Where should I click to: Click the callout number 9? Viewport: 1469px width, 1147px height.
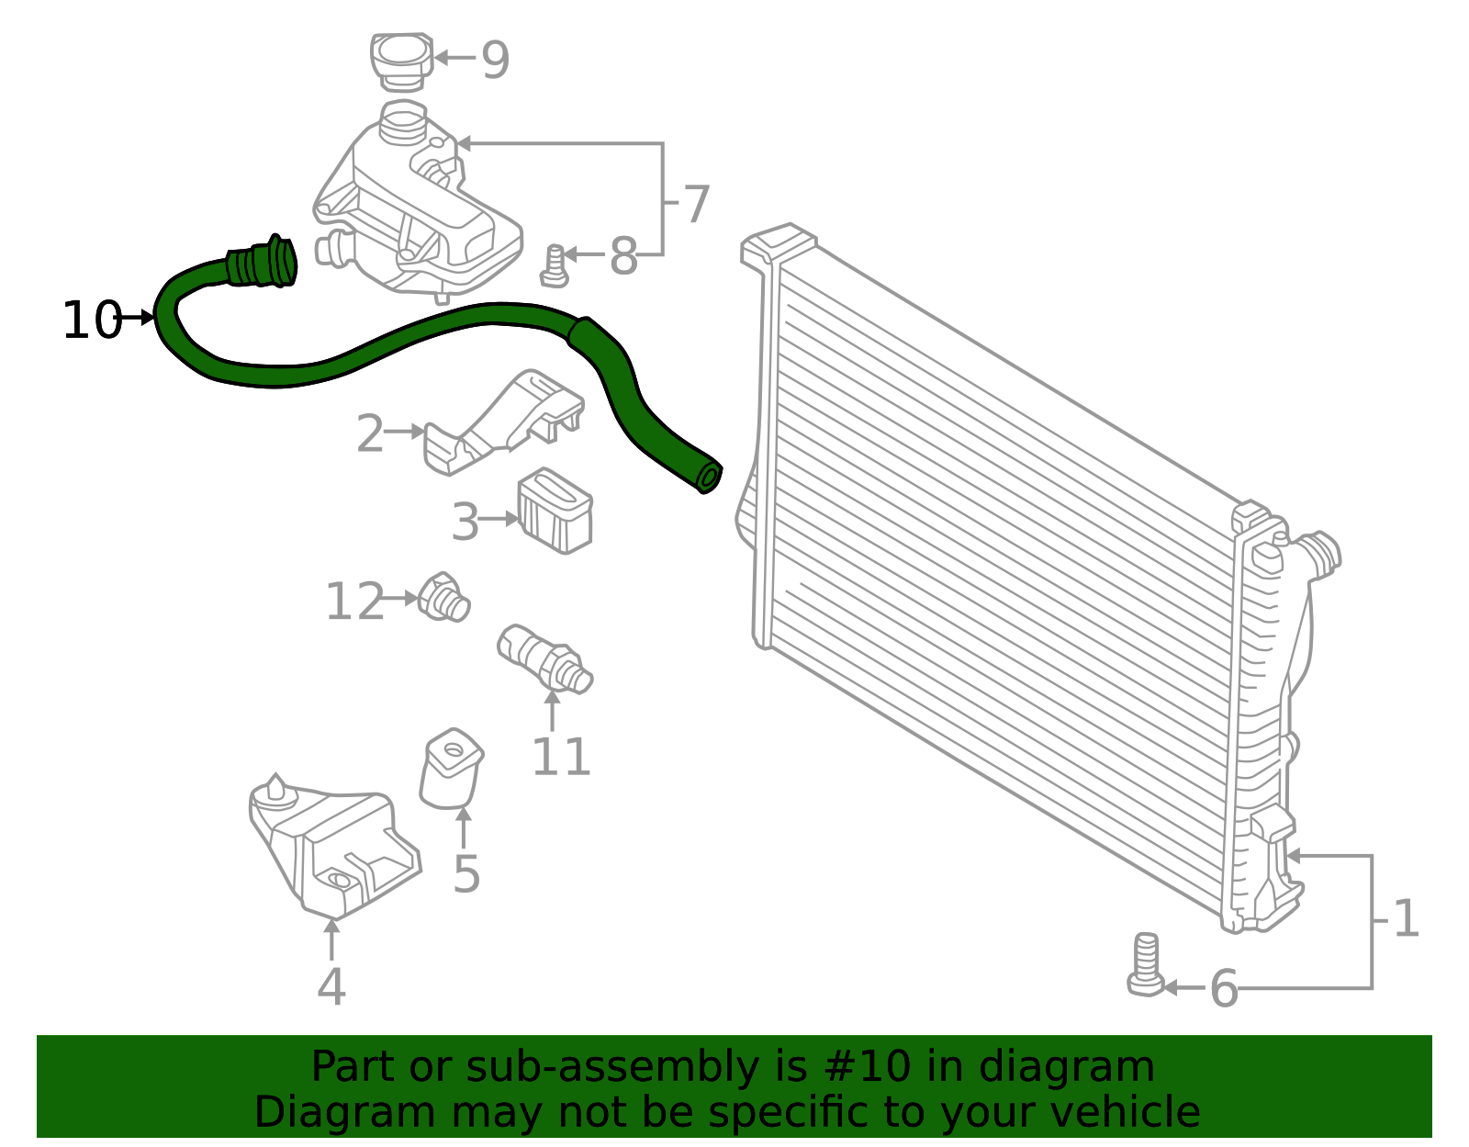495,61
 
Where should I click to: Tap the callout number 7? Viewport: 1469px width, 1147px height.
697,204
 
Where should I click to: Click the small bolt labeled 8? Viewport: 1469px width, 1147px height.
555,266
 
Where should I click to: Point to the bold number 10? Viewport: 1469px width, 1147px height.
91,320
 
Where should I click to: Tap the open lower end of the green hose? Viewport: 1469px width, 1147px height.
708,478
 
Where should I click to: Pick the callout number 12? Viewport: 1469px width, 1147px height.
354,602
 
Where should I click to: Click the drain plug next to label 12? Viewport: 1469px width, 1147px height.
444,598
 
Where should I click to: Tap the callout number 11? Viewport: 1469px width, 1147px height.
560,757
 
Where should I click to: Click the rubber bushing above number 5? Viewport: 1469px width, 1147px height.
451,770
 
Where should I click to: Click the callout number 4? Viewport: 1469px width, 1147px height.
331,987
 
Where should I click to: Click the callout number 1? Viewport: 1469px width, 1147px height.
1406,919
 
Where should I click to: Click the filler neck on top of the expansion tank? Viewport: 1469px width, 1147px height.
403,123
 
